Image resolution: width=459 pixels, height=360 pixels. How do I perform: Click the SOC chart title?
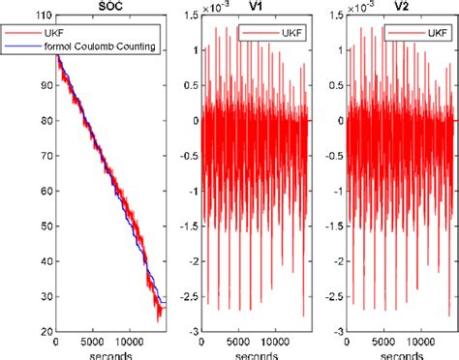click(x=109, y=7)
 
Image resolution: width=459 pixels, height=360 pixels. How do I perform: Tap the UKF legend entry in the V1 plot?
click(x=279, y=34)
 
